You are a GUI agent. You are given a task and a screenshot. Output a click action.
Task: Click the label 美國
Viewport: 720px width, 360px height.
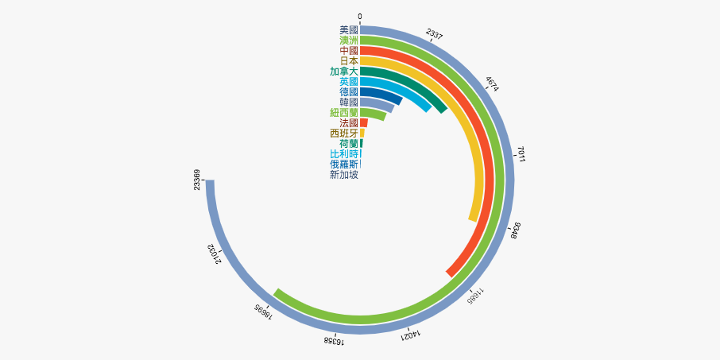pyautogui.click(x=349, y=29)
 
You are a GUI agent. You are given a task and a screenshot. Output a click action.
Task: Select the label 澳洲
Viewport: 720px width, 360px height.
pyautogui.click(x=349, y=40)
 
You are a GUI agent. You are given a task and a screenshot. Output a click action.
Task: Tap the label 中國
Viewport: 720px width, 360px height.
pyautogui.click(x=349, y=50)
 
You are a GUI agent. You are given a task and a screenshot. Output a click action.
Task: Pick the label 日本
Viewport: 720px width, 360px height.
pyautogui.click(x=349, y=60)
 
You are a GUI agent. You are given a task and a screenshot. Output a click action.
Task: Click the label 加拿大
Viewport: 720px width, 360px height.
pyautogui.click(x=344, y=71)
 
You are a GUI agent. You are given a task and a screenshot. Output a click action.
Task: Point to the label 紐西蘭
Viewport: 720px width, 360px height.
pyautogui.click(x=344, y=112)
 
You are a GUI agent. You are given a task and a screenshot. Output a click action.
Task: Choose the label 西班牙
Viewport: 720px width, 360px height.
pyautogui.click(x=344, y=133)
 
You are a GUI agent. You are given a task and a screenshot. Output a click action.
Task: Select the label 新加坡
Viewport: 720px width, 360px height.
pyautogui.click(x=344, y=174)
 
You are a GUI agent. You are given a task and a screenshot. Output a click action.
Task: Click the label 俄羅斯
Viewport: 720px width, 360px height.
pyautogui.click(x=344, y=164)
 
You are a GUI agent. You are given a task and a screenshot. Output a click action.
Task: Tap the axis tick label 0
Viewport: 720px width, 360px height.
pyautogui.click(x=360, y=16)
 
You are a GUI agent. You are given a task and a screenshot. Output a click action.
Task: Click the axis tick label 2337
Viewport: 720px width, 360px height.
pyautogui.click(x=435, y=33)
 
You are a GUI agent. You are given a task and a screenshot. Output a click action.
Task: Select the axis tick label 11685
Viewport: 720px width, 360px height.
pyautogui.click(x=475, y=295)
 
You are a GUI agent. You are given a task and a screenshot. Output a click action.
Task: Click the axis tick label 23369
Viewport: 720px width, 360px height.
pyautogui.click(x=197, y=180)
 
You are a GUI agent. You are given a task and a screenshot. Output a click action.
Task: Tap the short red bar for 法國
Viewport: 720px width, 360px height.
pyautogui.click(x=364, y=122)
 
